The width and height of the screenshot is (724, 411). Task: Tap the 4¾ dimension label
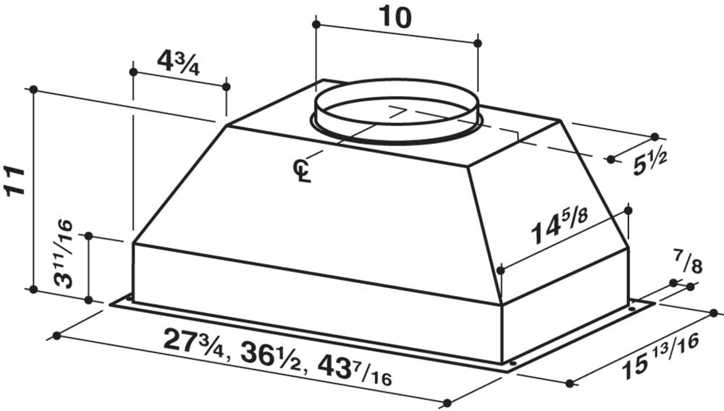click(178, 63)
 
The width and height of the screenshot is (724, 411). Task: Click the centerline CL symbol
click(300, 171)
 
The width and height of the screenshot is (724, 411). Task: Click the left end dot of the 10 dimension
click(316, 25)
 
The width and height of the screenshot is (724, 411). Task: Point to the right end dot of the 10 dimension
click(478, 43)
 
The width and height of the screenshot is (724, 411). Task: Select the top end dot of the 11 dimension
click(33, 89)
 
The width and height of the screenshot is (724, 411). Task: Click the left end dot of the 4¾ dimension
click(132, 72)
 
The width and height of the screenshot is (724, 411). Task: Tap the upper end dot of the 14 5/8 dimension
click(628, 211)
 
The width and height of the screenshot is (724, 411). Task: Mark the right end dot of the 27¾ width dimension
click(448, 403)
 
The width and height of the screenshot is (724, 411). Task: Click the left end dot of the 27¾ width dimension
click(56, 336)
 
